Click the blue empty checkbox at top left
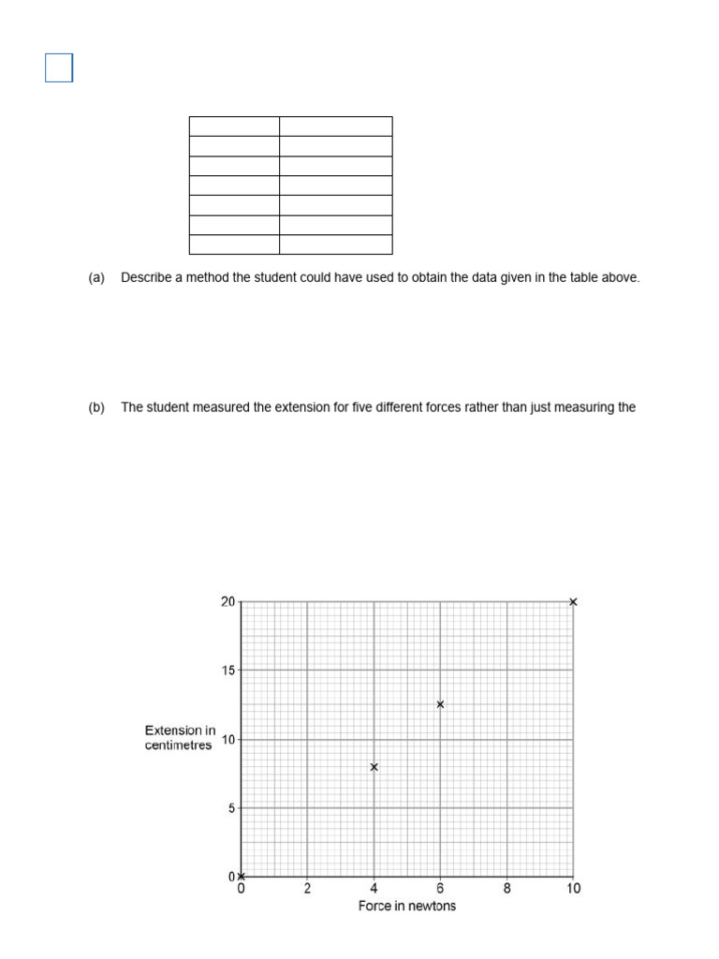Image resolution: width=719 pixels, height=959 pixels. tap(59, 68)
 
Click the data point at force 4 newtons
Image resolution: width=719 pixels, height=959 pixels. tap(374, 767)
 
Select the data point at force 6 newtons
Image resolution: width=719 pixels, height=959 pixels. tap(440, 704)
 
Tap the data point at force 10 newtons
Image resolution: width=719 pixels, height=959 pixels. tap(573, 602)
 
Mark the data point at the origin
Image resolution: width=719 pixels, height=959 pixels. tap(242, 877)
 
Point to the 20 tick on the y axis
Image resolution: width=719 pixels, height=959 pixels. tap(228, 602)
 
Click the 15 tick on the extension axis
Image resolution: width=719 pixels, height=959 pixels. tap(228, 671)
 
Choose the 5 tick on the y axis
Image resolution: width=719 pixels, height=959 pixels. tap(231, 808)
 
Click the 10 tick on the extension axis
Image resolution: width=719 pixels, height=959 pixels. tap(228, 740)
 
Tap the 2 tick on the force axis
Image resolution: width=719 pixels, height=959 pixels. tap(308, 889)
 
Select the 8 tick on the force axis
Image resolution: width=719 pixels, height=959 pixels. tap(506, 889)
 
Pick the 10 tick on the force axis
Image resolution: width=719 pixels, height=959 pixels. tap(573, 889)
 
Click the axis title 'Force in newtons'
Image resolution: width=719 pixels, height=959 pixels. tap(407, 907)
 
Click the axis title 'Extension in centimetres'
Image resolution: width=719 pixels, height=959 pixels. tap(180, 738)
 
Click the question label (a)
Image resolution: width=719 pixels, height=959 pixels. tap(96, 278)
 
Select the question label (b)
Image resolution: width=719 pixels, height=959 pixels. tap(96, 407)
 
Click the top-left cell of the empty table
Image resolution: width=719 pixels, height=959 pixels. tap(234, 126)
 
